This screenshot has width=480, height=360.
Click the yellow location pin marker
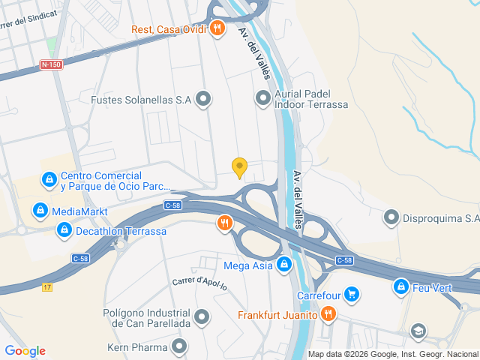239,167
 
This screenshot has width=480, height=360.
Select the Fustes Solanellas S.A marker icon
203,99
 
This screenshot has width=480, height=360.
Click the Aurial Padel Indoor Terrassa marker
262,98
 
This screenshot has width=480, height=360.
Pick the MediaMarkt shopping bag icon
40,210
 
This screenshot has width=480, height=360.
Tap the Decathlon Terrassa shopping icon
64,230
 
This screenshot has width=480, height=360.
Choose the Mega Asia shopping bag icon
284,264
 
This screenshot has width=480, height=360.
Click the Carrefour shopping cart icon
350,294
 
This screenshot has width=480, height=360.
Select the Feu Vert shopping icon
401,286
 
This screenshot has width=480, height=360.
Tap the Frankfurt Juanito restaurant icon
327,314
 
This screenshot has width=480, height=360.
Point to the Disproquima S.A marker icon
391,218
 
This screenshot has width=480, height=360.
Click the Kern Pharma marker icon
178,346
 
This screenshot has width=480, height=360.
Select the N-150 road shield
50,65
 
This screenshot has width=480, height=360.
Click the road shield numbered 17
48,288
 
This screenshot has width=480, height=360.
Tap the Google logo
25,351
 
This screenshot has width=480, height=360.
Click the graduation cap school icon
418,331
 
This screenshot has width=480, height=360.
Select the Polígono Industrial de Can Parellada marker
201,317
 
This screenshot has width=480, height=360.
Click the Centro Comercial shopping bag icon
49,180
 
